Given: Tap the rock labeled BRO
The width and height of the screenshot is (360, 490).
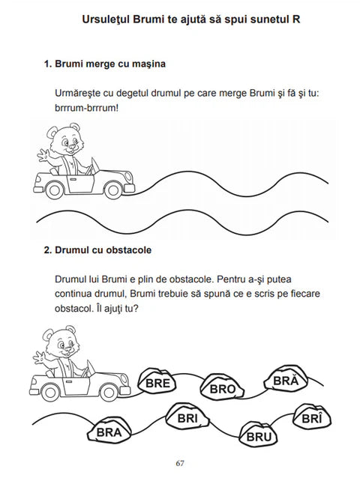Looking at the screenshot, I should point(223,388).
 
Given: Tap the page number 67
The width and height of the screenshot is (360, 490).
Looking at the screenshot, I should point(180,462).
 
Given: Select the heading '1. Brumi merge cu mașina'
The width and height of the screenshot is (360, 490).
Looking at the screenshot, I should point(105,64).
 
